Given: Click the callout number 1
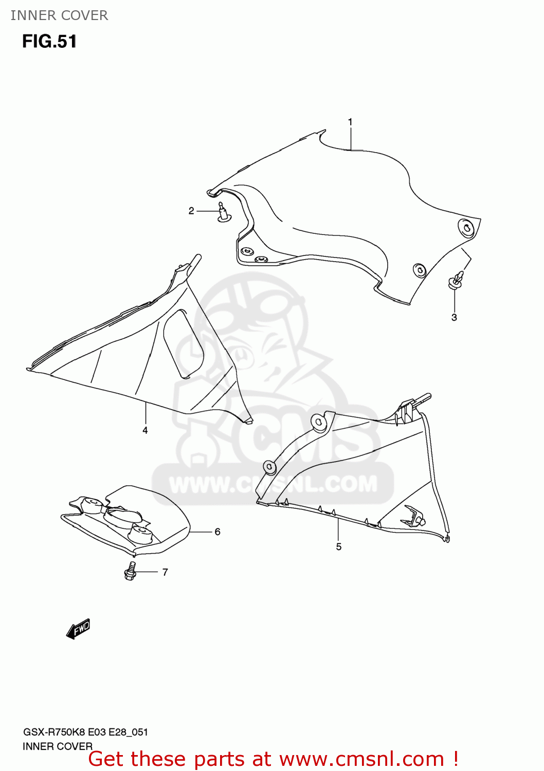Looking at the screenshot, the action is [350, 122].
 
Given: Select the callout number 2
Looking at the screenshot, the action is [191, 211].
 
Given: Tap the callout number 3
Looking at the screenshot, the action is [454, 318].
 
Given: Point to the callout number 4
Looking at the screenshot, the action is [145, 430].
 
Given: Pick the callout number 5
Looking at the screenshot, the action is [339, 547].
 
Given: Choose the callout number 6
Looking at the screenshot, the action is [217, 531].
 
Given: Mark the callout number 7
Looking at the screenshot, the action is [165, 572].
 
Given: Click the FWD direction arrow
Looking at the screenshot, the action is [78, 629].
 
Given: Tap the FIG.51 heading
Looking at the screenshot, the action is [49, 42].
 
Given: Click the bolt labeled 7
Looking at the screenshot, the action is [130, 572].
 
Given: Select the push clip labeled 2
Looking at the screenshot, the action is [223, 212].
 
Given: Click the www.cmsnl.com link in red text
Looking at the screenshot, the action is [361, 759].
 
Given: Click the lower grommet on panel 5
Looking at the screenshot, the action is [269, 467].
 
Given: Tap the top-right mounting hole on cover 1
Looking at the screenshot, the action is [466, 228].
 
